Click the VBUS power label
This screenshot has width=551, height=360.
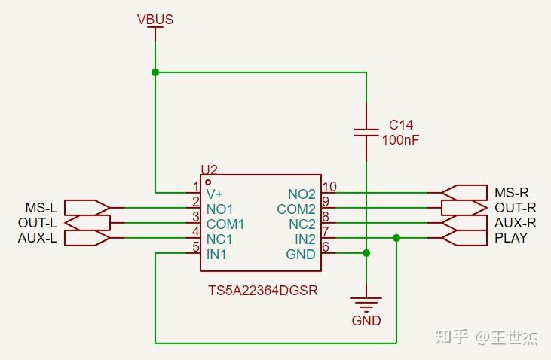point(155,19)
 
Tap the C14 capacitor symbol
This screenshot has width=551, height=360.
point(366,133)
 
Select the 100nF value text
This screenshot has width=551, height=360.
point(400,139)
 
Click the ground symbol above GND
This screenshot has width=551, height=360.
point(366,304)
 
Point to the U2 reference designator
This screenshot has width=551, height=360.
point(209,170)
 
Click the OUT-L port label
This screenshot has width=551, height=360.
point(37,222)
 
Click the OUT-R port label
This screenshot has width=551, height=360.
point(516,207)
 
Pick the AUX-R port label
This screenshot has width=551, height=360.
point(516,222)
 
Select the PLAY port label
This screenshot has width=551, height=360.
point(511,238)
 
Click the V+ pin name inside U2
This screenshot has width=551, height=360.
point(216,194)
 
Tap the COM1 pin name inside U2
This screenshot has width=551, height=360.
point(225,224)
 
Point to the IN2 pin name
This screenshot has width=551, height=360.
point(305,239)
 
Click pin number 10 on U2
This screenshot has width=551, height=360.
point(329,187)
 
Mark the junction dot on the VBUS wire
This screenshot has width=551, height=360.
point(155,72)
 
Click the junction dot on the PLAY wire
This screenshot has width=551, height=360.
point(396,238)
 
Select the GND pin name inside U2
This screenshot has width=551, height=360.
point(301,254)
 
